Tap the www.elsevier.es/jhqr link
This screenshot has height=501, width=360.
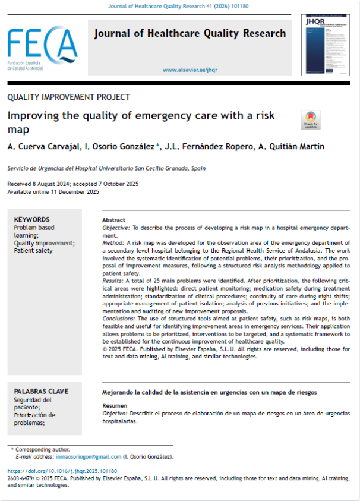pyautogui.click(x=190, y=70)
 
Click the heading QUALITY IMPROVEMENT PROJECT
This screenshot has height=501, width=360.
pyautogui.click(x=68, y=97)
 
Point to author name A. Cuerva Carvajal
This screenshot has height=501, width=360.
pyautogui.click(x=42, y=147)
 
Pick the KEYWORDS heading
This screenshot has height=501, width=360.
pyautogui.click(x=31, y=219)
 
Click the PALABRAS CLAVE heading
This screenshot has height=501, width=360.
pyautogui.click(x=41, y=391)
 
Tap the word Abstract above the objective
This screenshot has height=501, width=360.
pyautogui.click(x=114, y=220)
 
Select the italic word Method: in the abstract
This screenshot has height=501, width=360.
pyautogui.click(x=113, y=243)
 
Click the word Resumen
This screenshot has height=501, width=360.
pyautogui.click(x=115, y=405)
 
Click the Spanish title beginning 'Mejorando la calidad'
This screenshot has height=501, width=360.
pyautogui.click(x=210, y=392)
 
